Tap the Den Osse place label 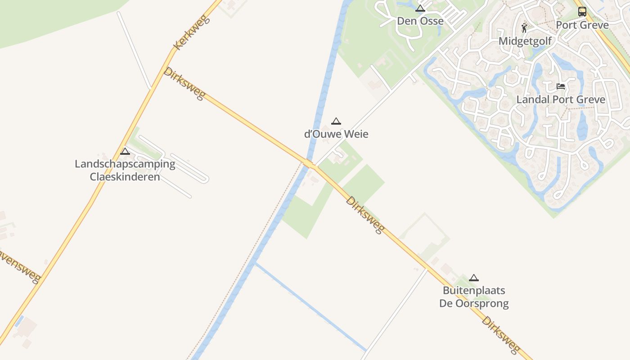(420, 21)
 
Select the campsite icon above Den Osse (420, 8)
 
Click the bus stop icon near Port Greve (582, 11)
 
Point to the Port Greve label (582, 25)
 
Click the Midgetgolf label (525, 42)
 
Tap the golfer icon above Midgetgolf (524, 28)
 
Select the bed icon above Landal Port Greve (561, 86)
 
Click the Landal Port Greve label (561, 99)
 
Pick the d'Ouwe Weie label (336, 134)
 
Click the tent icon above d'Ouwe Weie (336, 121)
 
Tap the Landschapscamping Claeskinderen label (125, 170)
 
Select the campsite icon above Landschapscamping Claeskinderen (125, 151)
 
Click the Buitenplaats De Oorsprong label (474, 297)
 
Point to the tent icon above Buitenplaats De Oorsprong (474, 278)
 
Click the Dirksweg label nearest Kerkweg (185, 84)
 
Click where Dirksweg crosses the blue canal (308, 162)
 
